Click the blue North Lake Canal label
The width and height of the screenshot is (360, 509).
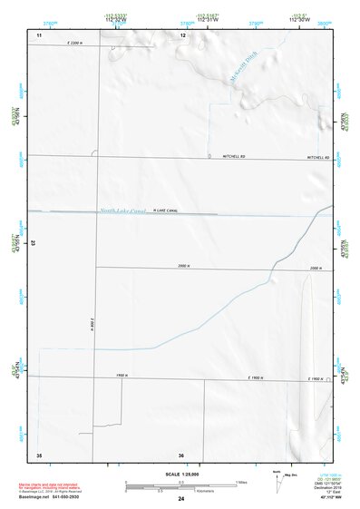pyautogui.click(x=123, y=210)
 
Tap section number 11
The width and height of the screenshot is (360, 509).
pyautogui.click(x=39, y=34)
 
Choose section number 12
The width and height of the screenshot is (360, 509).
pyautogui.click(x=182, y=34)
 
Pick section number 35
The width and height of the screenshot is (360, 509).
pyautogui.click(x=39, y=455)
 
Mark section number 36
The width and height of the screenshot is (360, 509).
pyautogui.click(x=181, y=455)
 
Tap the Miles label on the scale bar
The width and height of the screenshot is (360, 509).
pyautogui.click(x=240, y=482)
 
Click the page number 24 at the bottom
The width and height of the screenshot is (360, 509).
pyautogui.click(x=181, y=500)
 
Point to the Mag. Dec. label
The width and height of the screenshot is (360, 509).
pyautogui.click(x=290, y=474)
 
